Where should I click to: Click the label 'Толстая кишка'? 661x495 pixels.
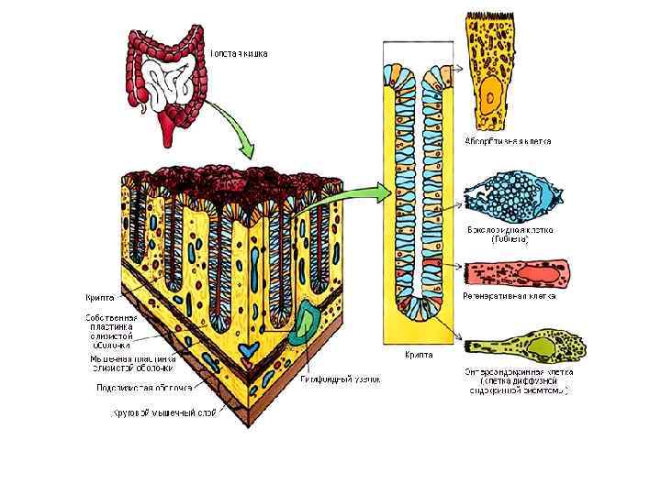point(240,54)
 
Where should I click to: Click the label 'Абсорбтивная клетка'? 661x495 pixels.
point(507,141)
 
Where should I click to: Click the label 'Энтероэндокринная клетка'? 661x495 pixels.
point(519,373)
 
